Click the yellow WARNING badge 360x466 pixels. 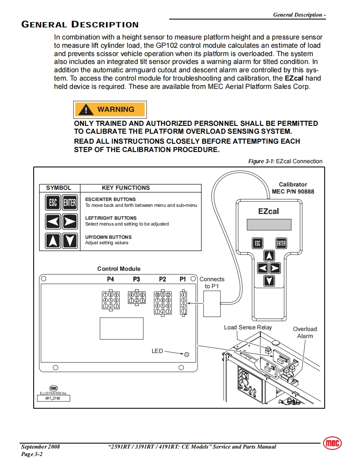110,109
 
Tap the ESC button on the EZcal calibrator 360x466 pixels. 257,243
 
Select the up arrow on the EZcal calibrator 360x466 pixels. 269,256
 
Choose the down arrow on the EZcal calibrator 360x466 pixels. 269,280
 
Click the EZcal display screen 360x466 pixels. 269,224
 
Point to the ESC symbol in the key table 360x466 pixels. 53,203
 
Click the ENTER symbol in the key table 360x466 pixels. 70,203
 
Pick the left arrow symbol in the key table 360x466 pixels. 53,222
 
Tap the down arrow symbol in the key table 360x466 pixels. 70,240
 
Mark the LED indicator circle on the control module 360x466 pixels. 187,354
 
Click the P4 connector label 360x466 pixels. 110,280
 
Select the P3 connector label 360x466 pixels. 136,280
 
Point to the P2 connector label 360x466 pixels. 163,280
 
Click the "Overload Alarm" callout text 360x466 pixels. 305,332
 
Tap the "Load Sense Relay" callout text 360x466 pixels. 248,327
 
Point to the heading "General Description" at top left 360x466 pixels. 80,25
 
